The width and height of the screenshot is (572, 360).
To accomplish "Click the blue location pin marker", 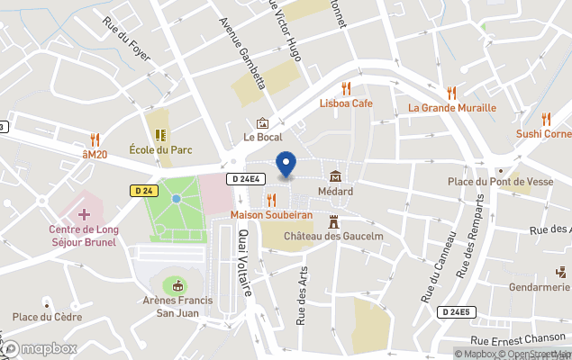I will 286,166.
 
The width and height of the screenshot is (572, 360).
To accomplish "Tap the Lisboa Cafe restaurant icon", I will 346,88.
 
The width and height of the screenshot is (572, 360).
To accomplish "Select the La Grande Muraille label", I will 452,108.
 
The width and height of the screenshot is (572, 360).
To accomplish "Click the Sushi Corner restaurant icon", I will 546,119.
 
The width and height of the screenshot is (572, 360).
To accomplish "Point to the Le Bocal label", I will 262,137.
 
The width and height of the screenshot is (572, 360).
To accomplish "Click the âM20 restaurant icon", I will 95,139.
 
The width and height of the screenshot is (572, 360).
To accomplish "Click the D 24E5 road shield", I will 456,312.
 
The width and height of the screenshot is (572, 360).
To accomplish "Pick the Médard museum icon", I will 335,175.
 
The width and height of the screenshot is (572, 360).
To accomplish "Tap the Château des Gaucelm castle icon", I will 333,220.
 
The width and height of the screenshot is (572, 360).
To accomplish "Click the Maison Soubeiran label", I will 271,215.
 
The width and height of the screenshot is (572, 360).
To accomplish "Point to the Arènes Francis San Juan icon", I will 177,285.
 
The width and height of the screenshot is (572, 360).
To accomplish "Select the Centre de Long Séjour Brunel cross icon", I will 84,214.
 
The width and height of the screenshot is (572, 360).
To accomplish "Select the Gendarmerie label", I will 540,287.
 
